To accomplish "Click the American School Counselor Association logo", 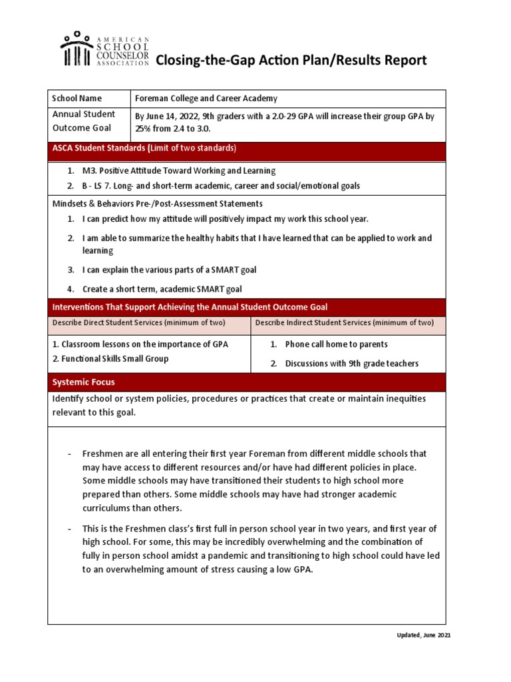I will pyautogui.click(x=104, y=49).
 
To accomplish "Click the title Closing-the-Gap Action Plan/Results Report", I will pyautogui.click(x=291, y=61).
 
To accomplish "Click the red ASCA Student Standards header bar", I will pyautogui.click(x=246, y=148).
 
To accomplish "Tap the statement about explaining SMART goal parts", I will pyautogui.click(x=169, y=270).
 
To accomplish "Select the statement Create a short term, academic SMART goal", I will pyautogui.click(x=162, y=289).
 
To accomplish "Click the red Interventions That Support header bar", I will pyautogui.click(x=246, y=307).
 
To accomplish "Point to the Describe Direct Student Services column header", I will pyautogui.click(x=139, y=323).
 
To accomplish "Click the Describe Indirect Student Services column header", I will pyautogui.click(x=345, y=323).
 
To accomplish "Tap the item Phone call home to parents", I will pyautogui.click(x=336, y=344).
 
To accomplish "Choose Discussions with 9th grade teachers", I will pyautogui.click(x=351, y=364).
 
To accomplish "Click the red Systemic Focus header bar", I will pyautogui.click(x=246, y=382).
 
